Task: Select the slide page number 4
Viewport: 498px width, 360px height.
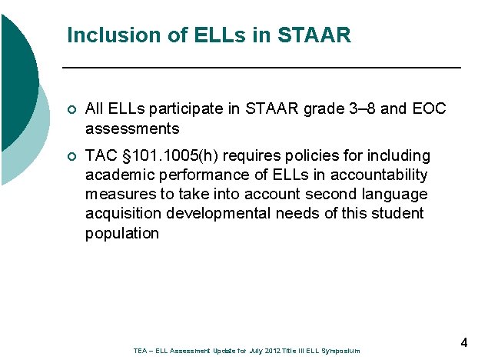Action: tap(464, 342)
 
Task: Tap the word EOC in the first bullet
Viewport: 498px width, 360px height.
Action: tap(429, 109)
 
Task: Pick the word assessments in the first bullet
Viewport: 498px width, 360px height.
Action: tap(132, 128)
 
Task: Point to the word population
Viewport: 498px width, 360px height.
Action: tap(122, 233)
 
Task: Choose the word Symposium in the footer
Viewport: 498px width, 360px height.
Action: tap(340, 351)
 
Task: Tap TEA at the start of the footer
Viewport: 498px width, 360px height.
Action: tap(140, 351)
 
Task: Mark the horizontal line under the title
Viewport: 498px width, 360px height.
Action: tap(261, 68)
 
